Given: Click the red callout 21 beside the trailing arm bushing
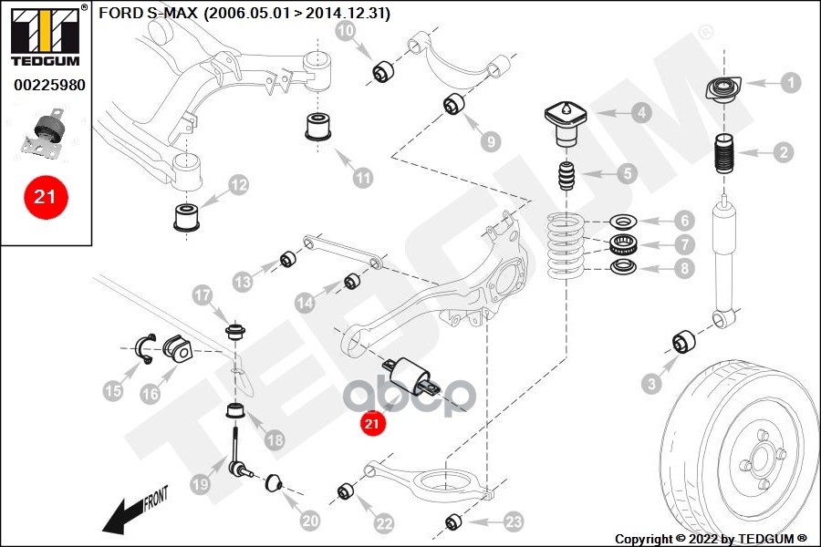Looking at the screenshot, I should point(372,423).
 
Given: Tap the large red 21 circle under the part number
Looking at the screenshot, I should point(46,196).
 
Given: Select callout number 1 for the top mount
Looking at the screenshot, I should point(790,82).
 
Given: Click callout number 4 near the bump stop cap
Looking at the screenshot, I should point(642,113).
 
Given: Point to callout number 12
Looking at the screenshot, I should point(238,186).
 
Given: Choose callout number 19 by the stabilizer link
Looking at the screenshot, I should point(200,486).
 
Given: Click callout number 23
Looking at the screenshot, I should point(514,521).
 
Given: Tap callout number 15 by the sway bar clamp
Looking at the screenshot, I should point(112,391).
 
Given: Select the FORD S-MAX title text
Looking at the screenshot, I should point(244,14).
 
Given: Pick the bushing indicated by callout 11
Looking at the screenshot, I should point(318,127).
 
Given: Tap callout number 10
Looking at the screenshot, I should point(346,32).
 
